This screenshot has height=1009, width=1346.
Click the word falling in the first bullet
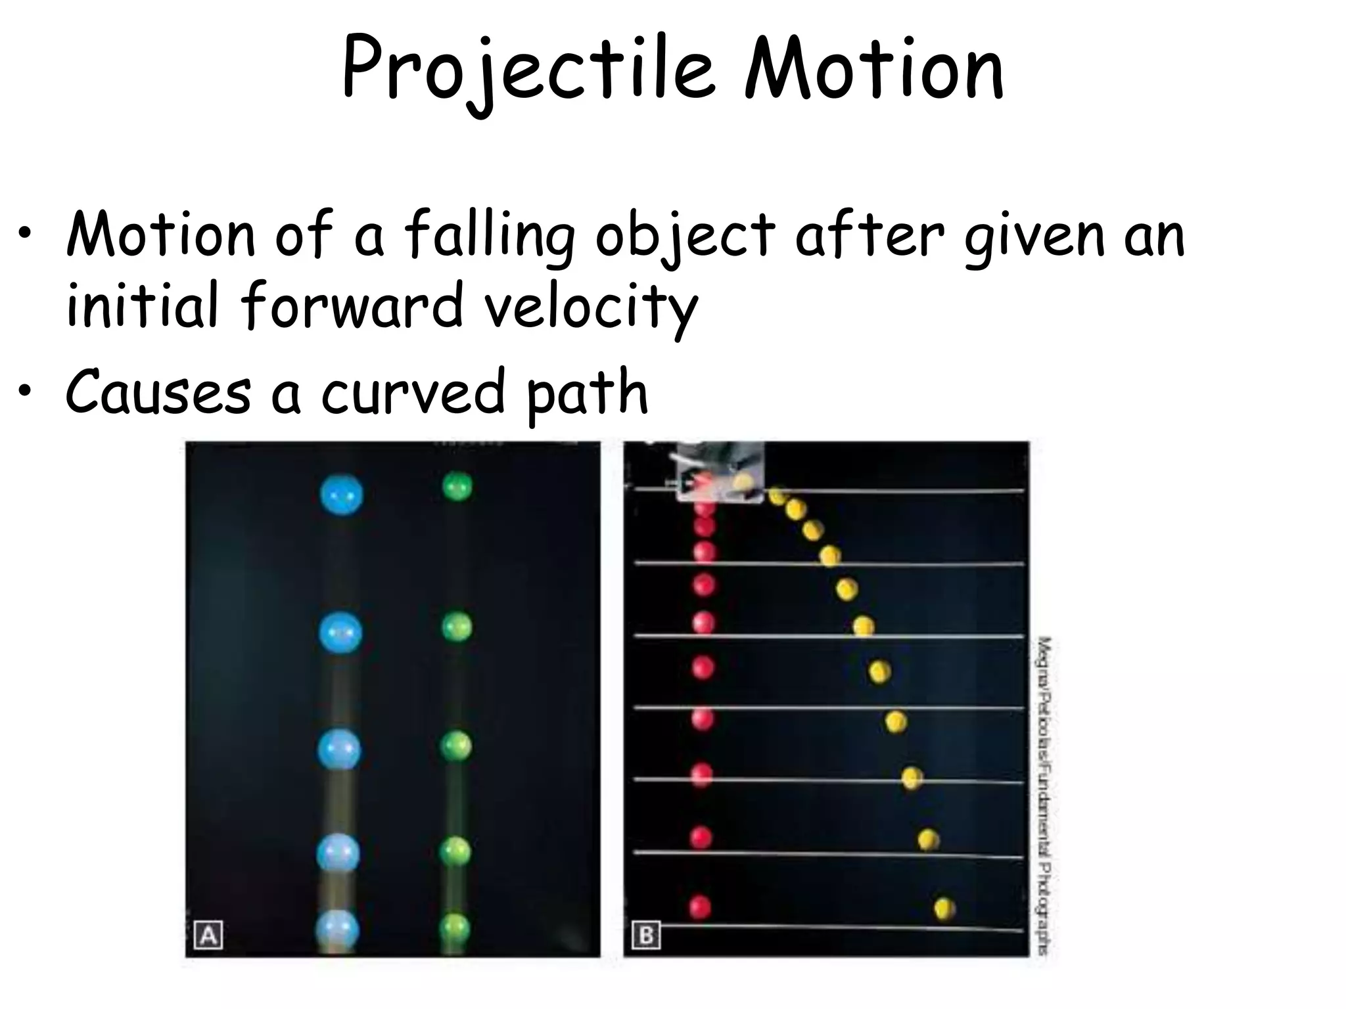[489, 236]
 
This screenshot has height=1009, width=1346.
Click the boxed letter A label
[208, 935]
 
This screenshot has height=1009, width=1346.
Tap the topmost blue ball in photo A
[341, 495]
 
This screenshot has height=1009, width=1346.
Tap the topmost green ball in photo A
[457, 487]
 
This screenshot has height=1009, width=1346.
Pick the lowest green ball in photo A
[455, 928]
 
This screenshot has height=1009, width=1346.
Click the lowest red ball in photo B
[701, 907]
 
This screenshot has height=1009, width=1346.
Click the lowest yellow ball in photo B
[944, 909]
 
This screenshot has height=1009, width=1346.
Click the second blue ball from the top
[340, 632]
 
